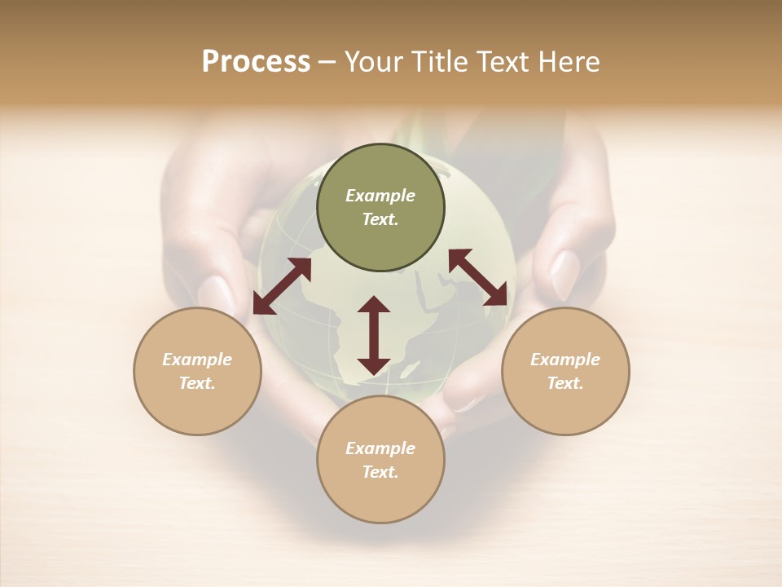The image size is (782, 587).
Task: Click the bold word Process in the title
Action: point(256,62)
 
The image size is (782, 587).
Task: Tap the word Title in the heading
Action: point(438,62)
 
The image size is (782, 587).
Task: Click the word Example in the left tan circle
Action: point(197,360)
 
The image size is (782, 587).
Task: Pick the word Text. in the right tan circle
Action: point(565,383)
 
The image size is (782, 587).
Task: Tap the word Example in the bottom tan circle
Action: point(380,448)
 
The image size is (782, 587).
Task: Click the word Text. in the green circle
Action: point(380,219)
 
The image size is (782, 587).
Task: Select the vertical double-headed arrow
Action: point(374,335)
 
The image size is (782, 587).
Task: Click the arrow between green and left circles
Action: point(282,286)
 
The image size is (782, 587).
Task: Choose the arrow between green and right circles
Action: point(478,277)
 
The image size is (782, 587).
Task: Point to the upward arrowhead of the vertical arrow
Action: point(374,304)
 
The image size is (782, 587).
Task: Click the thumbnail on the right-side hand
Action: point(565,274)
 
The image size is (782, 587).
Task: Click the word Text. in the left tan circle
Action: point(197,383)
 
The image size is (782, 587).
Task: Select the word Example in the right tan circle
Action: point(565,360)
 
